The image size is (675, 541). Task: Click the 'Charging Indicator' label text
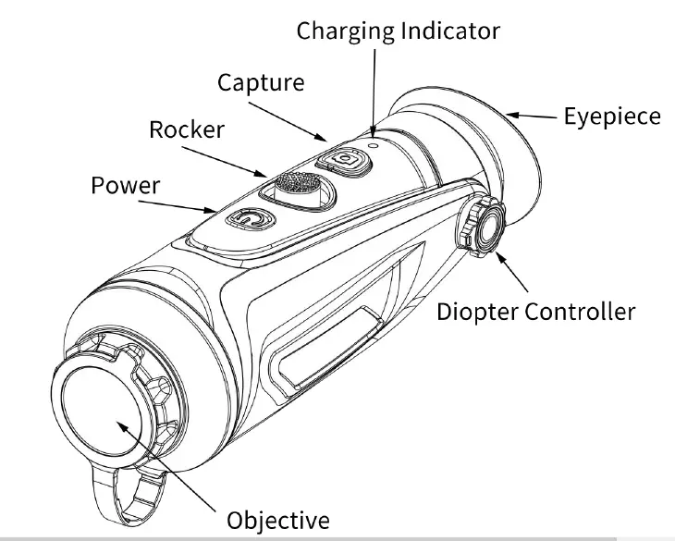398,31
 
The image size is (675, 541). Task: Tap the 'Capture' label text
260,82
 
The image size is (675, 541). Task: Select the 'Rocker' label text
186,129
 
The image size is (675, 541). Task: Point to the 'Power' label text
125,185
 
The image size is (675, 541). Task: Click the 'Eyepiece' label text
612,117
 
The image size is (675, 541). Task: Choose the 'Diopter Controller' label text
535,311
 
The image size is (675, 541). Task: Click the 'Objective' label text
277,518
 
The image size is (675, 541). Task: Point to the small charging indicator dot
374,142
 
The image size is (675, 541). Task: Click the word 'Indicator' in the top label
451,31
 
